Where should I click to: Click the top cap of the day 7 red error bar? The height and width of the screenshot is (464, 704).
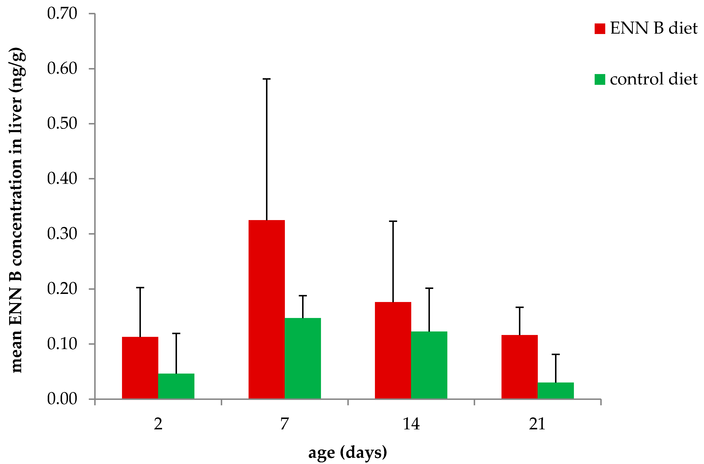[266, 79]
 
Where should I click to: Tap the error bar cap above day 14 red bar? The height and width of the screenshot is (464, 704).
[393, 221]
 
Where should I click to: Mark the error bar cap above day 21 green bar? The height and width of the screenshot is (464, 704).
[555, 354]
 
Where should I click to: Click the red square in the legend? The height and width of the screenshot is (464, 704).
[600, 29]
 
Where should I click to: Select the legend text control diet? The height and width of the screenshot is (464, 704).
[653, 79]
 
